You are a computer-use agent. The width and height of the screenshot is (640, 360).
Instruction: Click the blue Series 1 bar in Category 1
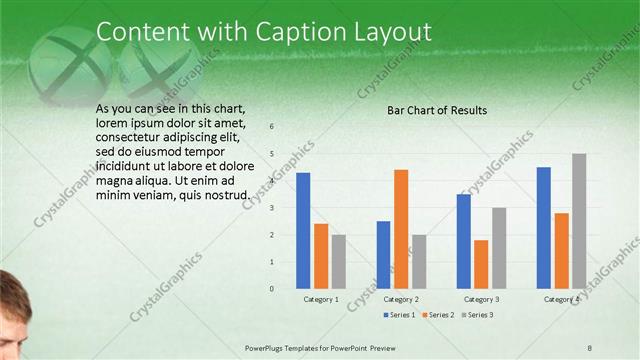tap(303, 231)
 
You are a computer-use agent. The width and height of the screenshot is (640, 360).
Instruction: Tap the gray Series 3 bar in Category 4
tap(579, 221)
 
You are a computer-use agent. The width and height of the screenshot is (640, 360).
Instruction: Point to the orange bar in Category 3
tap(481, 264)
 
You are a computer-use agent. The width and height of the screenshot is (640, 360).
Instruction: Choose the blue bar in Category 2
tap(383, 255)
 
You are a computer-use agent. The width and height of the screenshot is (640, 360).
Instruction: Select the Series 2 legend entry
tap(441, 315)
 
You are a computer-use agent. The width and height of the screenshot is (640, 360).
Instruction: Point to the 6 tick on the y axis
tap(271, 127)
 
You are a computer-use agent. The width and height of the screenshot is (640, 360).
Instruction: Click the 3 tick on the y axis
tap(271, 208)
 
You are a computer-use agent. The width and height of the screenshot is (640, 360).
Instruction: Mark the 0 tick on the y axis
tap(271, 289)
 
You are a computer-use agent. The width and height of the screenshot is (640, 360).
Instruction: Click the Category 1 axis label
tap(321, 299)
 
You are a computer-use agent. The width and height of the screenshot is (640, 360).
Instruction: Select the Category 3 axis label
tap(481, 299)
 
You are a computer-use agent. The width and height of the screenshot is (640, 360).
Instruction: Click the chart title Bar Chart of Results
tap(437, 110)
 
